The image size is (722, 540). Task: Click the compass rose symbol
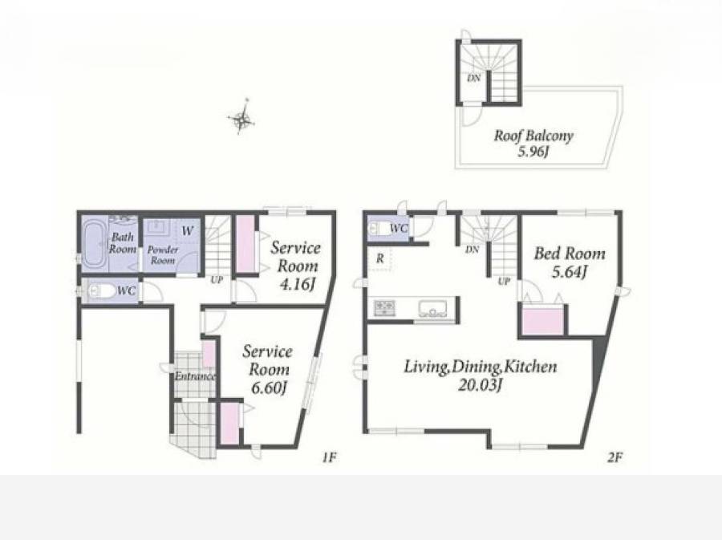click(x=241, y=118)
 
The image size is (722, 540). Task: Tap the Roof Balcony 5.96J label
click(x=533, y=143)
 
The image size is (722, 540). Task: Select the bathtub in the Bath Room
click(x=95, y=244)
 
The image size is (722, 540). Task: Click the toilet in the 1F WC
click(x=102, y=291)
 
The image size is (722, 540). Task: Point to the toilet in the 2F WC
click(x=379, y=229)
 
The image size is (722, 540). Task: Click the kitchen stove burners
click(x=384, y=307)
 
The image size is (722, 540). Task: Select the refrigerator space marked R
click(x=379, y=258)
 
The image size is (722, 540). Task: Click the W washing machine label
click(x=188, y=231)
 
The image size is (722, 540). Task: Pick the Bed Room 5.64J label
click(x=570, y=262)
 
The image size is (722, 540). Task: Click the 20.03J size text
click(x=480, y=384)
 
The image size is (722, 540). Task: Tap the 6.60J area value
click(x=270, y=388)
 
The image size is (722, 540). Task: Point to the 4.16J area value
click(x=298, y=284)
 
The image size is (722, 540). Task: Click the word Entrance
click(x=195, y=376)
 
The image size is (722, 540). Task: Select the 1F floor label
click(x=329, y=457)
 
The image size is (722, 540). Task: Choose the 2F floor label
click(x=615, y=457)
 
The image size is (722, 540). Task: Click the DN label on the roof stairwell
click(x=474, y=79)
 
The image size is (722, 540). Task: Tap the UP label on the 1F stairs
click(x=217, y=279)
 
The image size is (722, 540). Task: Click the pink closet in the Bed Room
click(x=543, y=321)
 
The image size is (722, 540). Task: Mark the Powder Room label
click(x=163, y=254)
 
